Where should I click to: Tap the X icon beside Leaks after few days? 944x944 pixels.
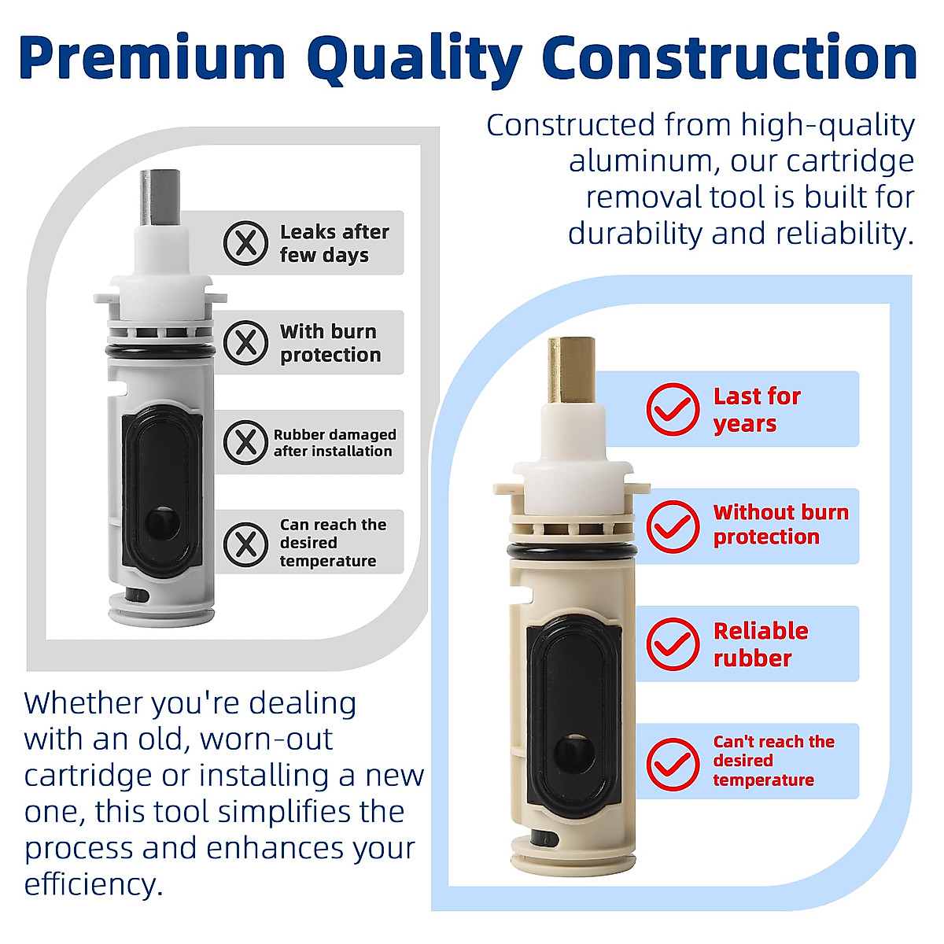(245, 243)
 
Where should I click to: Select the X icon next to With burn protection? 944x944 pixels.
(245, 343)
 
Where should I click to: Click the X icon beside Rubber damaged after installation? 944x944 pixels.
(245, 442)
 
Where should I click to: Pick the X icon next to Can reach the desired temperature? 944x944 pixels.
(245, 543)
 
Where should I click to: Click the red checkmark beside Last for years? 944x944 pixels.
(673, 409)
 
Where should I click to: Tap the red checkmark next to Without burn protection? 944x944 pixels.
(673, 526)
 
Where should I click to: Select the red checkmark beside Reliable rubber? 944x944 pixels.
(673, 643)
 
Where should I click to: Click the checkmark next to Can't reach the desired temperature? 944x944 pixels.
(673, 762)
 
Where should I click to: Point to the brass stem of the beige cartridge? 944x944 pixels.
(571, 370)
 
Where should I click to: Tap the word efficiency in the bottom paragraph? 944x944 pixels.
(93, 884)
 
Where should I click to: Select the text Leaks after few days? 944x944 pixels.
(334, 243)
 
